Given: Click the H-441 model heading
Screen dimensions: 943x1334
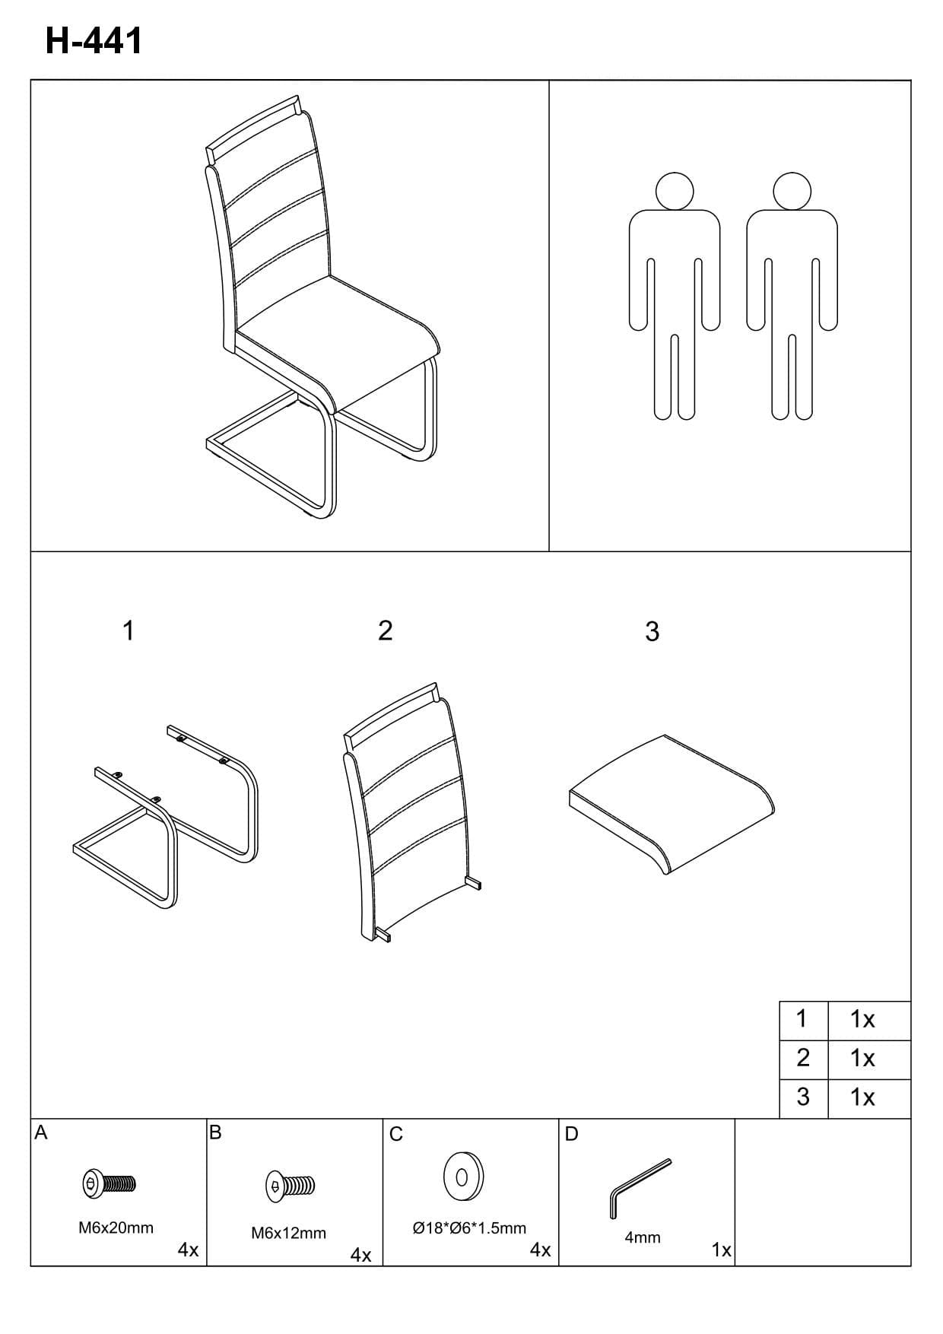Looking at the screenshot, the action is point(94,41).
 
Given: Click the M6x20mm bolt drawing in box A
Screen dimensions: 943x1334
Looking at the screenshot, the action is point(109,1183).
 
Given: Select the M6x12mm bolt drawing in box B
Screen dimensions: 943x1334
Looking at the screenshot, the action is point(289,1184).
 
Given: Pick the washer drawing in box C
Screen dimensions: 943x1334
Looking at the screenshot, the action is point(463,1176).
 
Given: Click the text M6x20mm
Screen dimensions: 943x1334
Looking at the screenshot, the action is point(116,1228).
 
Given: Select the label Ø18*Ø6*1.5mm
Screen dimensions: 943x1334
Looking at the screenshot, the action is point(469,1228).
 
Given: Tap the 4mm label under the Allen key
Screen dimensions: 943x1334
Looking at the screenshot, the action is point(643,1237).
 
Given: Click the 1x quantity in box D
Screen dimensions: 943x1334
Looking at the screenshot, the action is point(721,1250).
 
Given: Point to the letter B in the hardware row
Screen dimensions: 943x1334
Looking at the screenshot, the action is point(215,1132).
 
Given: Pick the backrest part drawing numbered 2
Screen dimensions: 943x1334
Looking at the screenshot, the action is point(411,811).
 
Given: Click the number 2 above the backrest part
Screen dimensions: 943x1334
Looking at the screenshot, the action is point(386,630).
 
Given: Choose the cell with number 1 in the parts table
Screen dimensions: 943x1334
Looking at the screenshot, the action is point(803,1020).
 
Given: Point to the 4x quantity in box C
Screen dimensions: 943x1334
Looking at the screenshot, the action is point(540,1250).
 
